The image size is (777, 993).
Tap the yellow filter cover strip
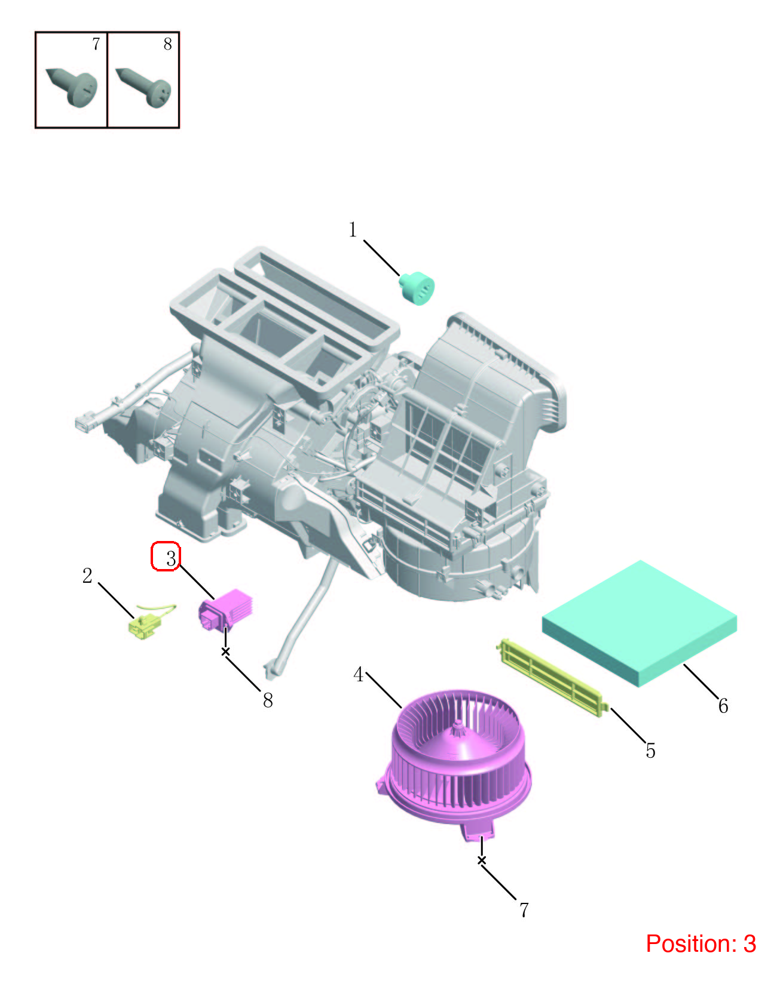pyautogui.click(x=552, y=677)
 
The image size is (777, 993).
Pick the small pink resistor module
pyautogui.click(x=225, y=609)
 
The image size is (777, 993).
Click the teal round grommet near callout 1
pyautogui.click(x=417, y=288)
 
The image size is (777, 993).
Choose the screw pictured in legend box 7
pyautogui.click(x=72, y=87)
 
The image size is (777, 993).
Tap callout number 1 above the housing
pyautogui.click(x=353, y=229)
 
